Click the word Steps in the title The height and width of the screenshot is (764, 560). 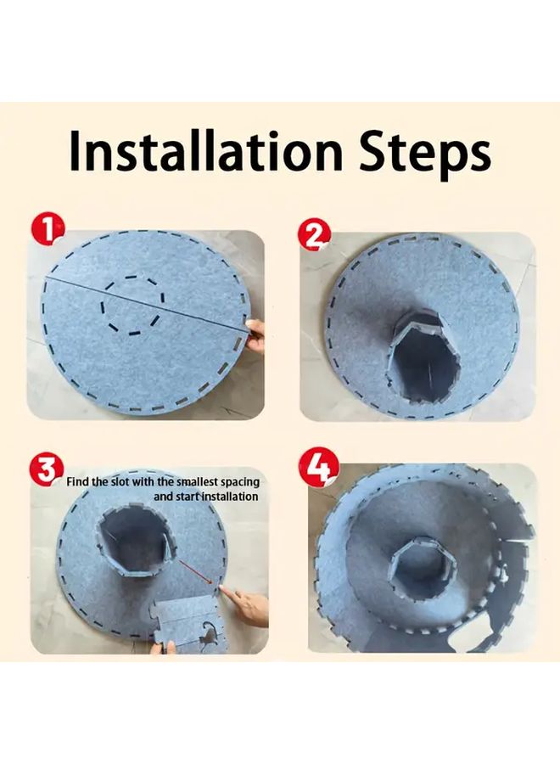428,153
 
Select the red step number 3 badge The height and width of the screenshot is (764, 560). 46,469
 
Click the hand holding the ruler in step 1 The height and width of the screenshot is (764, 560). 255,336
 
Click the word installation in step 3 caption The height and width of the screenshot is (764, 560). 229,496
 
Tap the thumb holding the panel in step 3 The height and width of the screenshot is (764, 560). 165,649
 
